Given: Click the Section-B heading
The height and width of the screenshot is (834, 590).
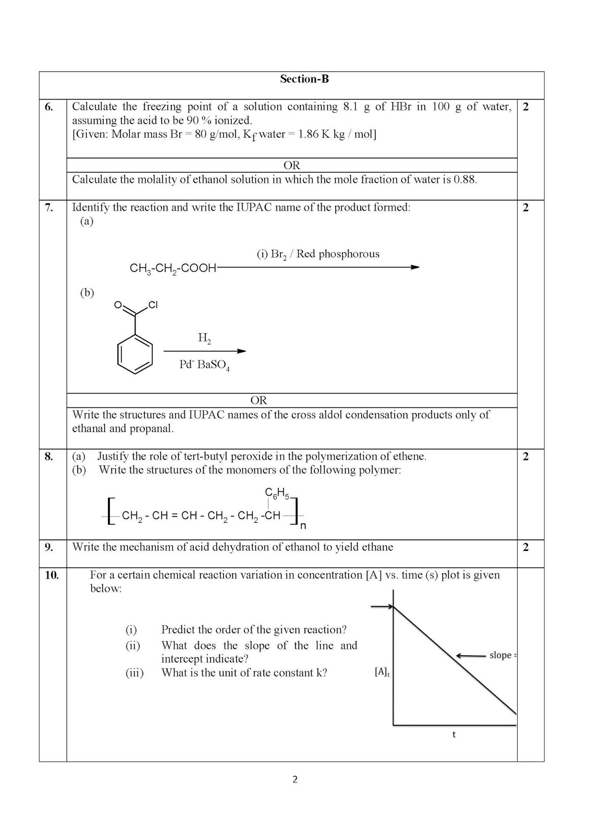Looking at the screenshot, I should click(x=304, y=79).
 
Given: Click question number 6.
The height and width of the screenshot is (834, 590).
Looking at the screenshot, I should click(x=49, y=107).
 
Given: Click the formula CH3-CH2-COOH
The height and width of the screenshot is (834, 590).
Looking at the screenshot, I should click(x=173, y=268).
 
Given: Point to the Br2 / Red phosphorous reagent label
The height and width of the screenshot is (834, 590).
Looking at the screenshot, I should click(x=318, y=254).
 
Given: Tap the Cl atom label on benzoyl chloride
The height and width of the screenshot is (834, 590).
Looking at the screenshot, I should click(x=153, y=305).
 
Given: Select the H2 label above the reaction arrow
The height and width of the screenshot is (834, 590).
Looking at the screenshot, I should click(x=204, y=338).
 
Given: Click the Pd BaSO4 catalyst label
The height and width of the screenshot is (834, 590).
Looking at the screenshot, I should click(x=204, y=365).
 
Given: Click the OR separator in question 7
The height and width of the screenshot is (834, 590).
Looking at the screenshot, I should click(x=259, y=400).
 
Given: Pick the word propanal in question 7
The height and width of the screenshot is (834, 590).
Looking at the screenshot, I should click(x=154, y=429).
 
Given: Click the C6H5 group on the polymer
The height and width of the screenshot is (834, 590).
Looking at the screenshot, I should click(x=277, y=493).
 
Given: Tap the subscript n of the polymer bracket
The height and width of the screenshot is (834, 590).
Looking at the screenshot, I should click(x=303, y=526).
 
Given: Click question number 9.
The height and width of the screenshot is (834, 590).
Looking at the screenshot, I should click(x=49, y=547).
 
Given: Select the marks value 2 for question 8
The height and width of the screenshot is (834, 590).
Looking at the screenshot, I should click(x=525, y=457).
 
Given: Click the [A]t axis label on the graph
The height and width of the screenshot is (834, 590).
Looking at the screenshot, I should click(x=382, y=672).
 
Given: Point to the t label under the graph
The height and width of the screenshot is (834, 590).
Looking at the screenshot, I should click(x=454, y=735).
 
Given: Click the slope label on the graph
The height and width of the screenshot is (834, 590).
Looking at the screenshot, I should click(x=500, y=655).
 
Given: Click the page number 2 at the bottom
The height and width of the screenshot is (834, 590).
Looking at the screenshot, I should click(x=295, y=780).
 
